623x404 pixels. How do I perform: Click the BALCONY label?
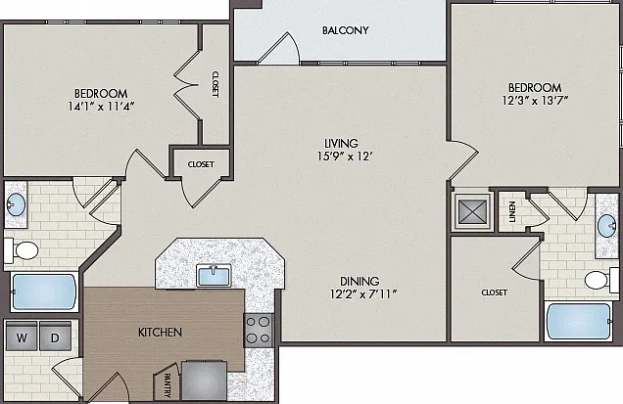[345, 30]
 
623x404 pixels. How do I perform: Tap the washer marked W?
[22, 337]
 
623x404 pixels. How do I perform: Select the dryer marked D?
[55, 337]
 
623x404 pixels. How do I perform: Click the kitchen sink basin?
[214, 276]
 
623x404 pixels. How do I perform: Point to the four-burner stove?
[259, 331]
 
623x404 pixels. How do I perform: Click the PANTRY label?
[168, 385]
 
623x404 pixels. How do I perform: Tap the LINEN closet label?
[512, 211]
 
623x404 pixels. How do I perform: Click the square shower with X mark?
[472, 211]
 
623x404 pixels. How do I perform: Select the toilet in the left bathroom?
[22, 250]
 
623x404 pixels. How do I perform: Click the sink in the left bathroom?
[16, 204]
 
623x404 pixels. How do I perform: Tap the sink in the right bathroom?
[606, 226]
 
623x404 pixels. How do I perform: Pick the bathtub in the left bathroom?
[44, 292]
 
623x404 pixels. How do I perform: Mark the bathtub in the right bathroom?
[579, 321]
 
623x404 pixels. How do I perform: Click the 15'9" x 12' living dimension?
[344, 157]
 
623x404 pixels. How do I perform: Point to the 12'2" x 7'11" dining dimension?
[363, 294]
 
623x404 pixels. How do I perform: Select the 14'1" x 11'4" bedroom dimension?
[102, 107]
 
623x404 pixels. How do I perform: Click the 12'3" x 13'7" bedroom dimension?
[535, 101]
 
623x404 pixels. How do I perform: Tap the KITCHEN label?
[160, 333]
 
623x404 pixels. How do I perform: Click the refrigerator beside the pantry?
[204, 381]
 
